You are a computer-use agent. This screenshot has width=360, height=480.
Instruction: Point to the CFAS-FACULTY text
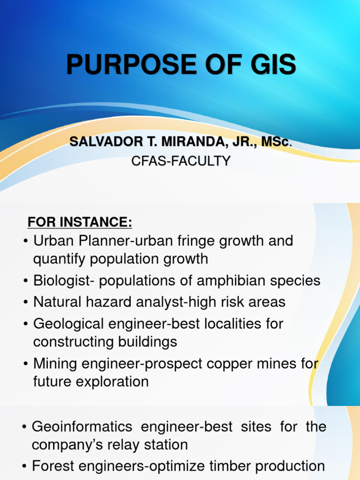(x=180, y=161)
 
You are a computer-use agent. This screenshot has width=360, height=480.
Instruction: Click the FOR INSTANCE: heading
(x=80, y=222)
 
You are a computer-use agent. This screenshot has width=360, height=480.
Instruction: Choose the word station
(x=161, y=445)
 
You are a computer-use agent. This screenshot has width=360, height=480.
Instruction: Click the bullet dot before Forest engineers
(x=25, y=467)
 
